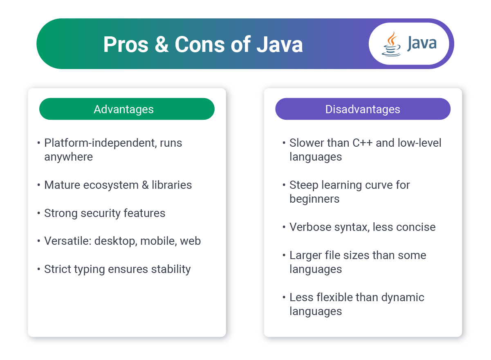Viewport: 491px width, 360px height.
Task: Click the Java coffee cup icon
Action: point(391,44)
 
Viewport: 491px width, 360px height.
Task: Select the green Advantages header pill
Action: point(127,109)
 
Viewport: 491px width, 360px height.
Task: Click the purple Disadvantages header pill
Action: point(363,109)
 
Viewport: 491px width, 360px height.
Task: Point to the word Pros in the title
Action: point(126,45)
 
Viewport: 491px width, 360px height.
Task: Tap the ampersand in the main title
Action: point(161,45)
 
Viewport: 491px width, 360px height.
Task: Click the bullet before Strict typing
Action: point(38,269)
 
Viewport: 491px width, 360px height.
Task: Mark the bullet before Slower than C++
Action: point(284,143)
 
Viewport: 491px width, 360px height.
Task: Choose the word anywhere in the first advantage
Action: point(69,157)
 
